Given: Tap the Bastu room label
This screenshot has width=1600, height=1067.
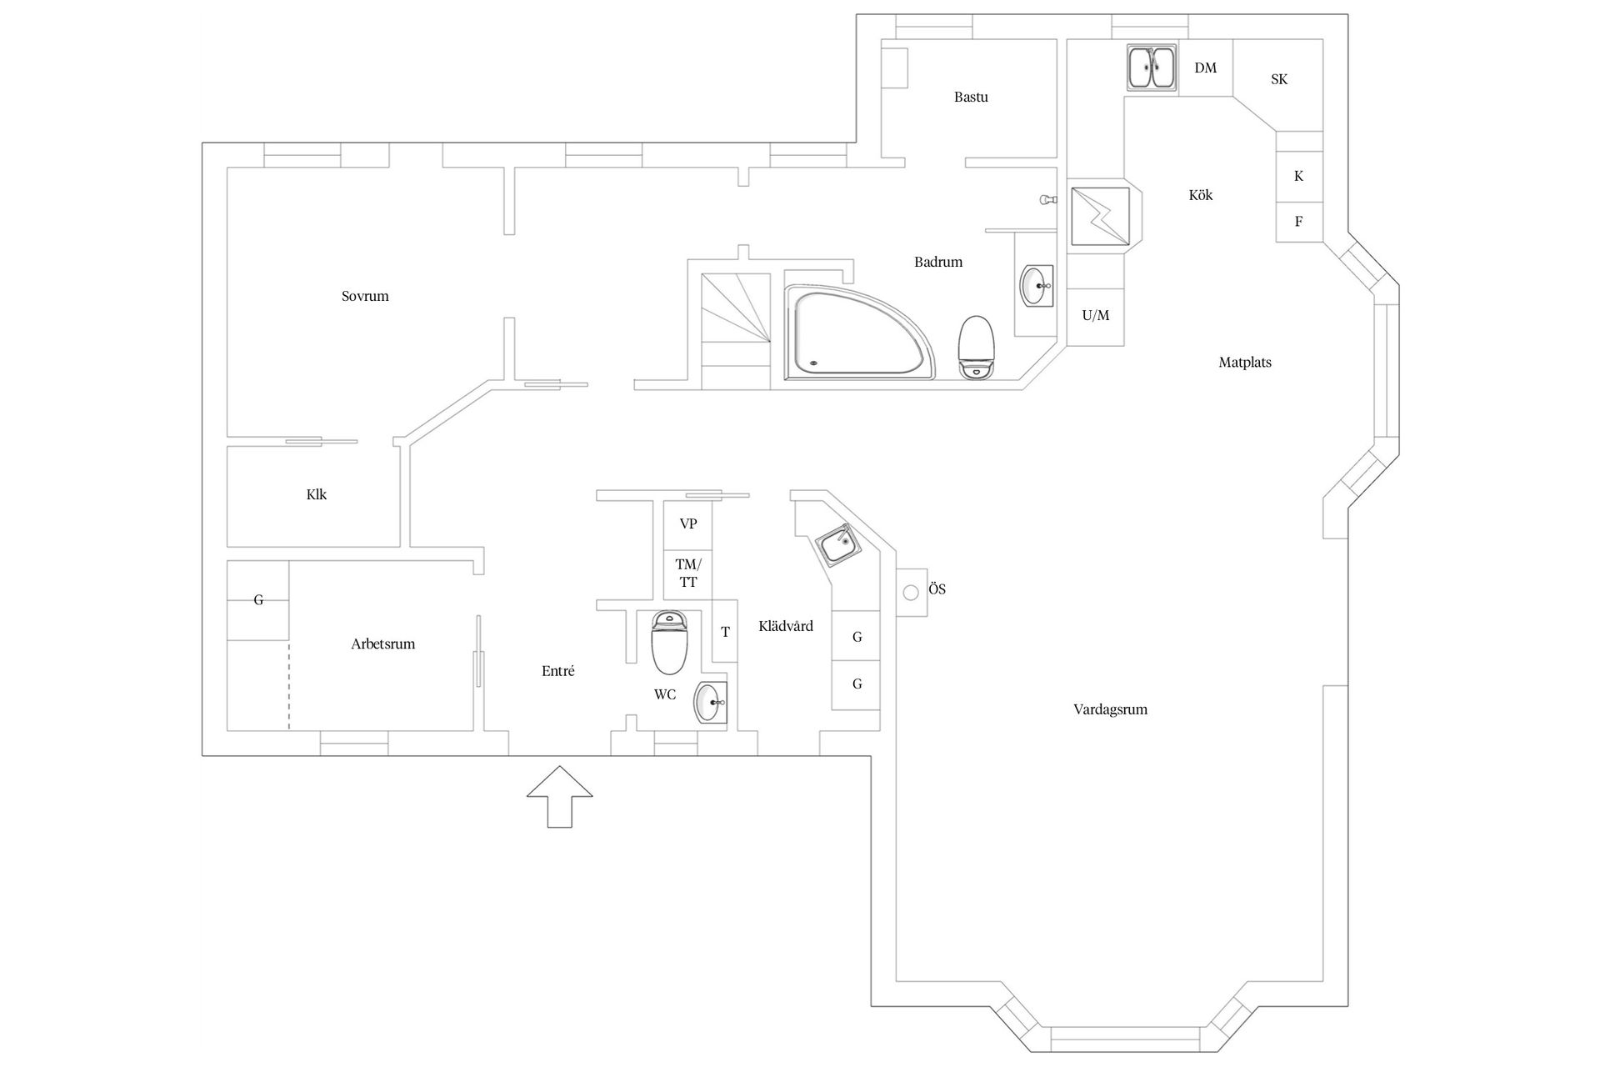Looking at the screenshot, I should pos(971,98).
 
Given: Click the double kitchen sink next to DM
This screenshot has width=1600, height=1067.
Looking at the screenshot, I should pos(1151,68).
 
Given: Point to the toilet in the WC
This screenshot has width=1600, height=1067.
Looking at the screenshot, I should pos(669,643).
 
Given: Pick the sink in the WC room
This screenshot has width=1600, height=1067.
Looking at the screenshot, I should pos(711,703).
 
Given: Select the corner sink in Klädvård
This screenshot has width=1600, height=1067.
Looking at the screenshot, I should pos(837,546).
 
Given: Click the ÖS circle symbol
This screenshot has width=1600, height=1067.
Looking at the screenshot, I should pos(911,592).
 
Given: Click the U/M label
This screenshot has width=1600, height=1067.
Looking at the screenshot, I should pos(1096,316).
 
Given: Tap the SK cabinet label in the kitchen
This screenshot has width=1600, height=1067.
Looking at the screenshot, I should pos(1279,80).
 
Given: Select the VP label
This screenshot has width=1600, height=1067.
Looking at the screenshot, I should pos(688,524).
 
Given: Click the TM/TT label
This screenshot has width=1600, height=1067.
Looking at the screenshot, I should pos(688,574).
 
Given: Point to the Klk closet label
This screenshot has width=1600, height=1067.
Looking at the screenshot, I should pos(317,495).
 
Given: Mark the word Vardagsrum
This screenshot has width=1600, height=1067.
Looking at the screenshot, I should pos(1110,710).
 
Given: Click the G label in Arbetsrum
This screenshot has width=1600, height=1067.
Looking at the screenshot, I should pos(258,600).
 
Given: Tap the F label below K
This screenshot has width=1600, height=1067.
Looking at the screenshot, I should pos(1298,222).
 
